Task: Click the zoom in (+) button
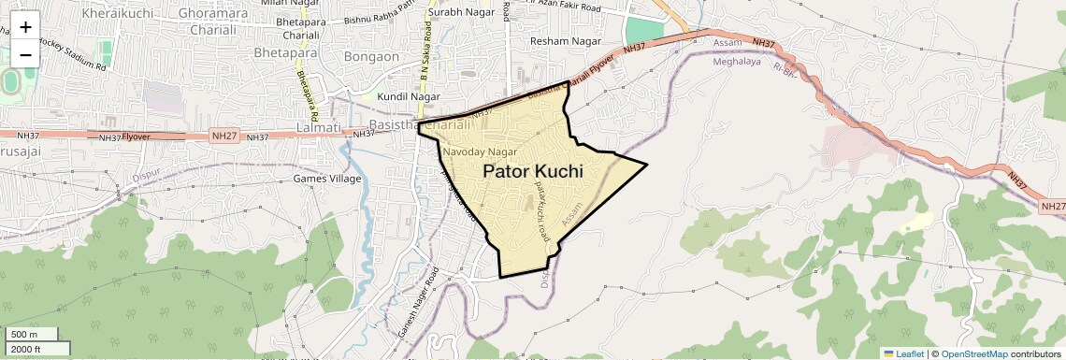click(x=25, y=27)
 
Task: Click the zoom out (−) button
click(x=25, y=53)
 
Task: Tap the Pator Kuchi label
click(x=533, y=172)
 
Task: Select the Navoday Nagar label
click(x=480, y=151)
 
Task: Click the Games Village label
click(x=326, y=178)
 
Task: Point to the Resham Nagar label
click(x=563, y=41)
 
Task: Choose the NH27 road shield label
click(x=224, y=136)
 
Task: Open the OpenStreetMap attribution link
click(x=973, y=353)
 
